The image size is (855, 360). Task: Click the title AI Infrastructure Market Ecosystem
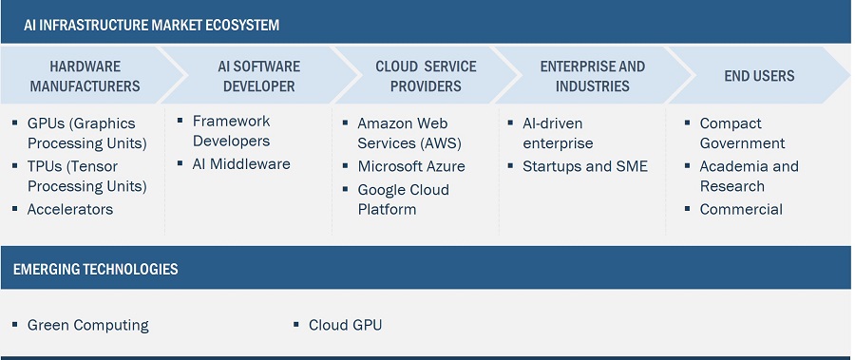point(152,25)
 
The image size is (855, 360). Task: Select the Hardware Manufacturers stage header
point(85,76)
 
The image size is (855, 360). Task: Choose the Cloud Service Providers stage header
point(418,76)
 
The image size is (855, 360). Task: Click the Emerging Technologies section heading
point(95,270)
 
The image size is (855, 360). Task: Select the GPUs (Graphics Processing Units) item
point(86,133)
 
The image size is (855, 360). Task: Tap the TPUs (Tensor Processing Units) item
point(86,176)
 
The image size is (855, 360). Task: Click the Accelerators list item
point(70,209)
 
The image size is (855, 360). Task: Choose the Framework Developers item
point(231,131)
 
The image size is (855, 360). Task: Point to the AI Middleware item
point(241,163)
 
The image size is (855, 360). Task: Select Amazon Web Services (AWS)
point(402,133)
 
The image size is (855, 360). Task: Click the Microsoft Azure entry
point(411,166)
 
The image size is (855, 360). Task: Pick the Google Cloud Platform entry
point(403,199)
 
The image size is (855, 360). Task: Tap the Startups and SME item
point(584,166)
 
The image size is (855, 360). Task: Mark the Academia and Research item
point(749,176)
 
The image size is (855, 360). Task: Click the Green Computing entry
point(87,325)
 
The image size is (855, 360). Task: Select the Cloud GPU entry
point(345,325)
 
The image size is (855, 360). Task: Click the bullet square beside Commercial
point(687,210)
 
